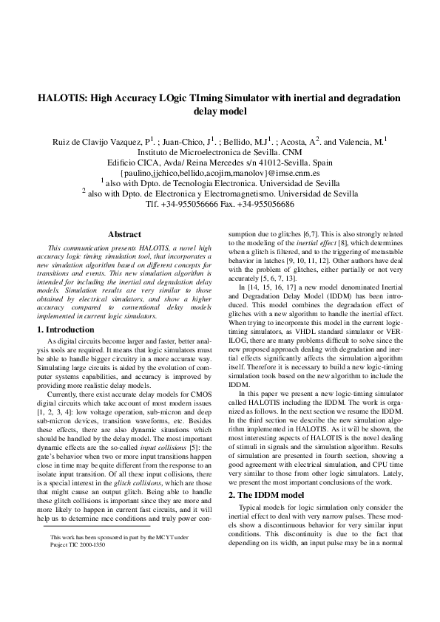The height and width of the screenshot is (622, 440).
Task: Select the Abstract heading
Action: [124, 234]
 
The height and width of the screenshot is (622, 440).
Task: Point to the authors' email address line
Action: [220, 171]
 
